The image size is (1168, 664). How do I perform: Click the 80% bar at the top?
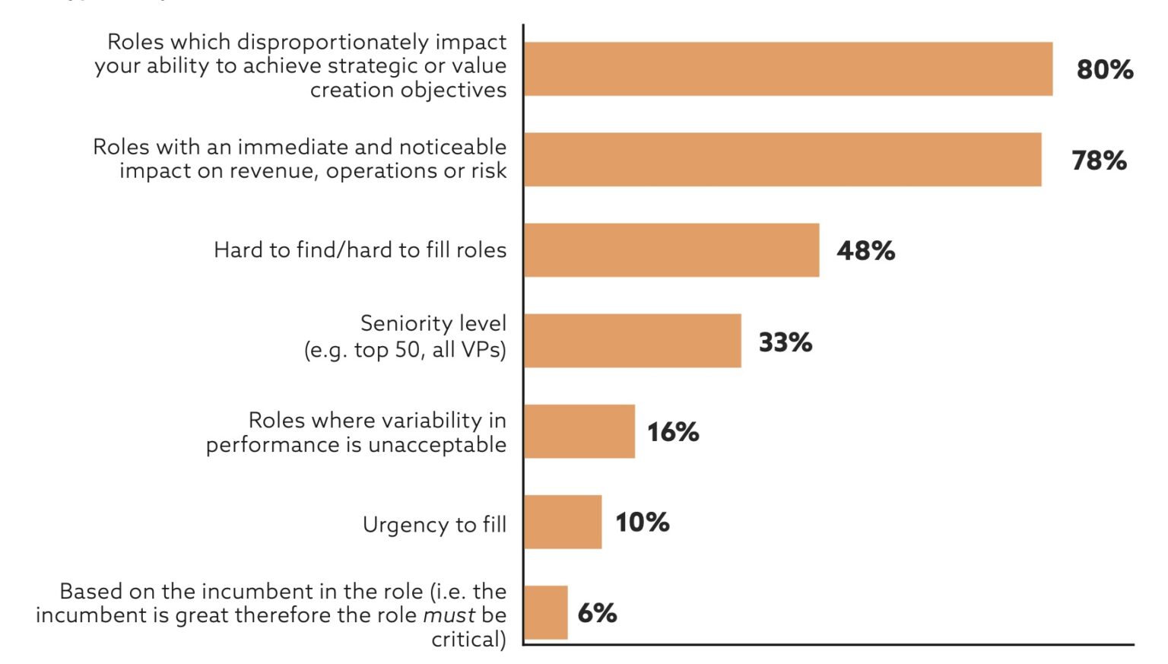[788, 69]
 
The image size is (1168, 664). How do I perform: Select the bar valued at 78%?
[782, 160]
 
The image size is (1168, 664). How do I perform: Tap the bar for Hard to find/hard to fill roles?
[671, 250]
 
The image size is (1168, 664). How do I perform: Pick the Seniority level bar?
[633, 341]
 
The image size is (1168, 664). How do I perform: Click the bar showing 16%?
[579, 431]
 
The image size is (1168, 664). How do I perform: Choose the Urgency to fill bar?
[563, 522]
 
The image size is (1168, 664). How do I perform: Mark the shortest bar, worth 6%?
[546, 612]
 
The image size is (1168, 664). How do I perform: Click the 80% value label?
[1104, 70]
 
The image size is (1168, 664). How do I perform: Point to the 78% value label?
[1099, 160]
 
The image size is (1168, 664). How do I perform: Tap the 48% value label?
[865, 251]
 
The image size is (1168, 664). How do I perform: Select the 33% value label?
[785, 342]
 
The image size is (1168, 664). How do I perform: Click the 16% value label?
[673, 432]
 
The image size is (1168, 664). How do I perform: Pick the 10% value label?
[642, 523]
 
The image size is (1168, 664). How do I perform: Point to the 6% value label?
[597, 613]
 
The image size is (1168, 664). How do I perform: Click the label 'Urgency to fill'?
[434, 525]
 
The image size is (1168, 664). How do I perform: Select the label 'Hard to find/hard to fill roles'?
[360, 250]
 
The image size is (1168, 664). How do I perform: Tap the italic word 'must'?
[449, 615]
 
